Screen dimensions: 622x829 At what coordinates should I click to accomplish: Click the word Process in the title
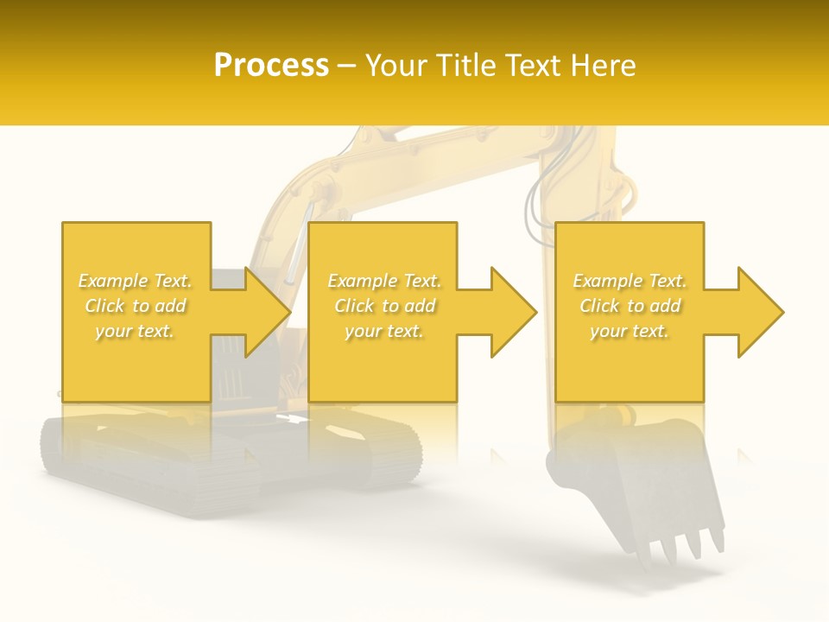pos(271,66)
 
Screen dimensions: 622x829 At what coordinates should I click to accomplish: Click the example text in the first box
pos(136,306)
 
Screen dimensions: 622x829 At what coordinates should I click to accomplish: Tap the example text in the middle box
pos(383,306)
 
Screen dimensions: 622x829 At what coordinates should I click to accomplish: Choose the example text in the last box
pos(630,306)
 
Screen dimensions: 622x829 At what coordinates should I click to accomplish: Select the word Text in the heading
pos(535,66)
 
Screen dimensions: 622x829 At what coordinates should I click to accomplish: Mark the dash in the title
pos(347,67)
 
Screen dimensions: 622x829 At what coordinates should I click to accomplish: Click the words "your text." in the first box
pos(136,331)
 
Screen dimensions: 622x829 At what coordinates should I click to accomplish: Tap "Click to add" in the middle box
pos(384,306)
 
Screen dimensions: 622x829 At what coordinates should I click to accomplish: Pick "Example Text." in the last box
pos(630,281)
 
